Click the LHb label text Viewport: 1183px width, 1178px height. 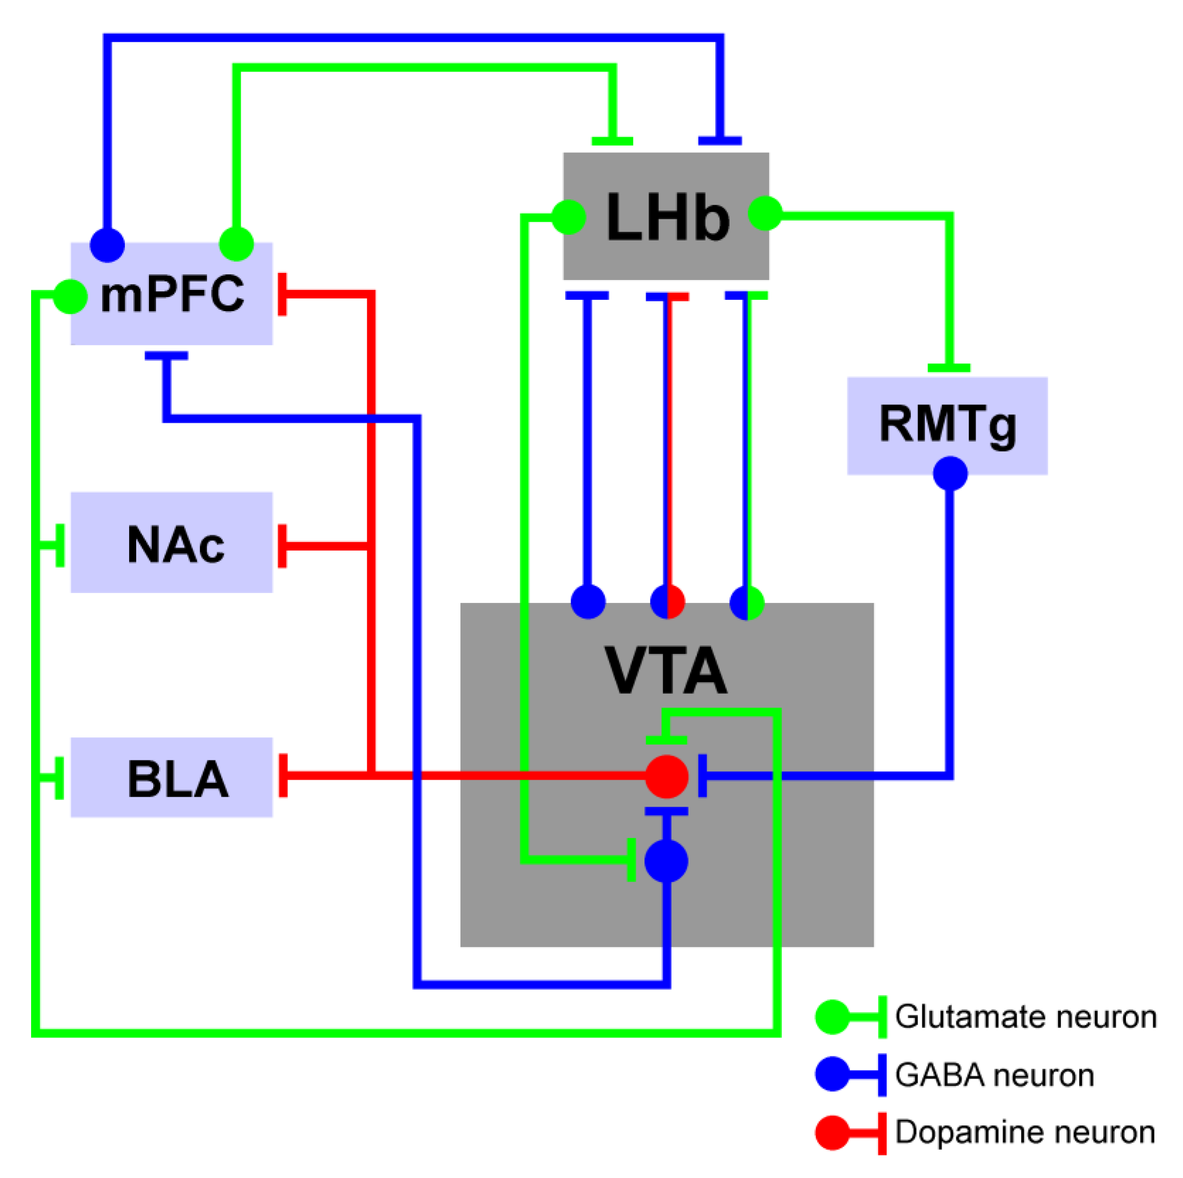[667, 217]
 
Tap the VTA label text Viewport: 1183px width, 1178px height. [665, 670]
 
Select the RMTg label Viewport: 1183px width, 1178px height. [947, 424]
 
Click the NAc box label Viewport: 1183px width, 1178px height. [175, 544]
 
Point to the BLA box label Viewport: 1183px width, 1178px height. [178, 779]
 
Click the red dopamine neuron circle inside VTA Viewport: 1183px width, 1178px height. [667, 776]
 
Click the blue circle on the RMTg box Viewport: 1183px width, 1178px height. [950, 473]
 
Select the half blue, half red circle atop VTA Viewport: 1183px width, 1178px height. [667, 602]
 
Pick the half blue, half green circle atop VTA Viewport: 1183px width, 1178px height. [747, 602]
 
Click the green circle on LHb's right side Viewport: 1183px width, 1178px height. [765, 214]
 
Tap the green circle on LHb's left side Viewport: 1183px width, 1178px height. [569, 217]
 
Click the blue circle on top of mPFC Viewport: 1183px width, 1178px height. [107, 245]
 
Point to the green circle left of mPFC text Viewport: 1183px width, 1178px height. [70, 297]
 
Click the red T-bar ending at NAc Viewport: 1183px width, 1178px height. [283, 545]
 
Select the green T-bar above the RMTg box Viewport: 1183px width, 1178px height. [948, 368]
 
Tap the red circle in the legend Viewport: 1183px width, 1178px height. [832, 1133]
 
